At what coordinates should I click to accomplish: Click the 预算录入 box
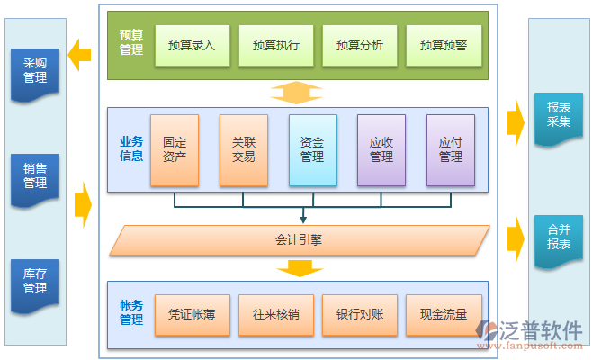[x=192, y=44]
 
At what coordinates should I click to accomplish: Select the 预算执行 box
[x=275, y=44]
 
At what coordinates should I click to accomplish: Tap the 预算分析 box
[x=359, y=44]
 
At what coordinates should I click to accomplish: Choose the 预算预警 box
[x=443, y=44]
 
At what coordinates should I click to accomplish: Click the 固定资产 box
[x=175, y=149]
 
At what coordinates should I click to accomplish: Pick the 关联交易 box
[x=243, y=149]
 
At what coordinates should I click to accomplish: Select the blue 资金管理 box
[x=312, y=149]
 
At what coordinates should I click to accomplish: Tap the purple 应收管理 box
[x=381, y=149]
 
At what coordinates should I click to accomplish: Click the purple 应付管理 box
[x=450, y=149]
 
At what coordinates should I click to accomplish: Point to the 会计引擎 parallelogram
[x=299, y=240]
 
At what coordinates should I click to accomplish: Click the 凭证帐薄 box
[x=192, y=315]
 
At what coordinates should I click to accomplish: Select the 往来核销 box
[x=275, y=315]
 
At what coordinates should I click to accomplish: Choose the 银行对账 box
[x=359, y=315]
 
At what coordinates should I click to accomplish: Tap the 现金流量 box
[x=443, y=315]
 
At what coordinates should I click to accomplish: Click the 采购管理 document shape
[x=35, y=71]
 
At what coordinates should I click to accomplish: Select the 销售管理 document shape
[x=35, y=176]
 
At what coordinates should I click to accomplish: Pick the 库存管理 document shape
[x=35, y=282]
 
